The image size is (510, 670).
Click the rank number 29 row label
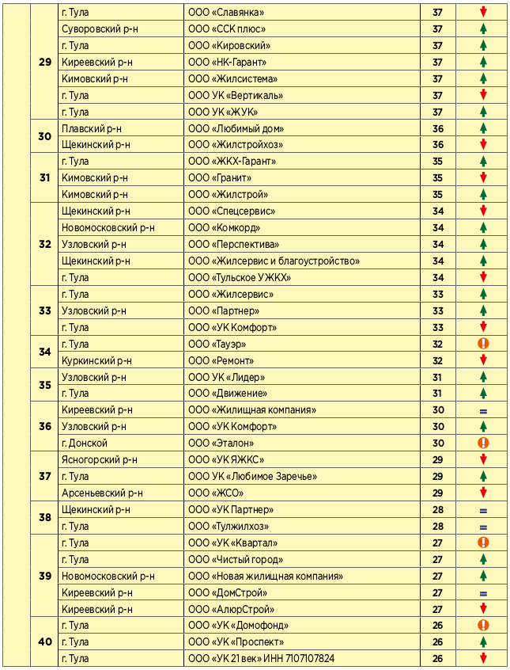44,62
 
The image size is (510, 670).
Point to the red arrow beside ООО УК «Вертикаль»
483,95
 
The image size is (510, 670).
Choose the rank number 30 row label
44,136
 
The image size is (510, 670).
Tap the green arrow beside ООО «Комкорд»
483,228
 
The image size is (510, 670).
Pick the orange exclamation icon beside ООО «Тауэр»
483,344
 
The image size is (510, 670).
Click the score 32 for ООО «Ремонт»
438,360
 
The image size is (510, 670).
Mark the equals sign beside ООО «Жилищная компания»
483,410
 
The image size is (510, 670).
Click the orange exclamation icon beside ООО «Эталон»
483,443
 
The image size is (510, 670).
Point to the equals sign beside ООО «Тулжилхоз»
483,527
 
